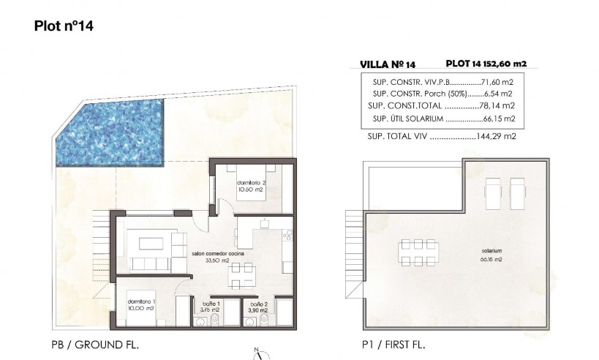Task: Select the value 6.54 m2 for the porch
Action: coord(502,94)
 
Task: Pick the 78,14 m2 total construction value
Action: coord(500,106)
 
